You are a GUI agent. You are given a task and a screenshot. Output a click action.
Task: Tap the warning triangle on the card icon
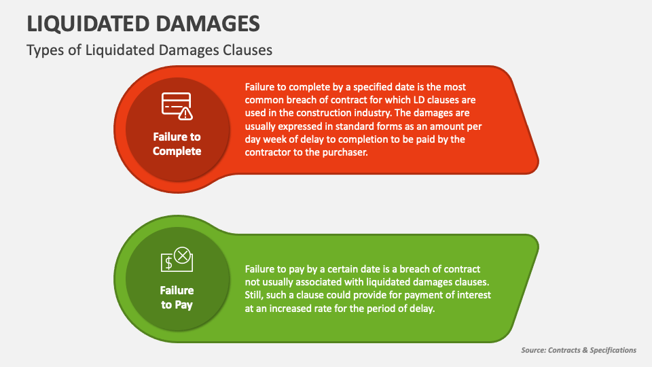click(x=185, y=113)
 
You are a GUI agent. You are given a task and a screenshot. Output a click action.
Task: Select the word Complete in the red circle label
click(x=177, y=151)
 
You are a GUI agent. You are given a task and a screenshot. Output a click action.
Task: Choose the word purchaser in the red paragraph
click(x=346, y=152)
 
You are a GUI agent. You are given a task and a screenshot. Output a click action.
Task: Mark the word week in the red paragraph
click(x=274, y=139)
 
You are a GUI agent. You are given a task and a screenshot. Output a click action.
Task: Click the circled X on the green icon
click(x=182, y=256)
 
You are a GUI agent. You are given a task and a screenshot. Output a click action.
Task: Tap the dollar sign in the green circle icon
click(x=168, y=263)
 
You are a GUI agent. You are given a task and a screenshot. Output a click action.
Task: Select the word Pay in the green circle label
click(x=183, y=305)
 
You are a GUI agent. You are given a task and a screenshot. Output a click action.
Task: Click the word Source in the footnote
click(x=534, y=350)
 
